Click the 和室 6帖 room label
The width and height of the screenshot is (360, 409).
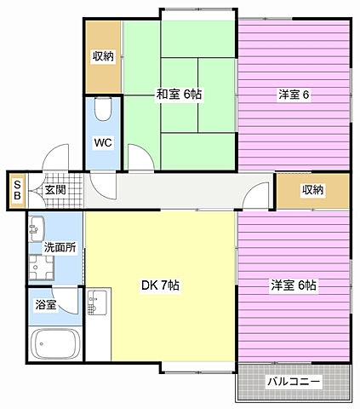(178, 95)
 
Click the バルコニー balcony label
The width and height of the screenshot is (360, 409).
(294, 382)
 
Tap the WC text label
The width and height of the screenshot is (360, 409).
(103, 142)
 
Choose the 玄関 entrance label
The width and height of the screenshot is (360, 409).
(56, 190)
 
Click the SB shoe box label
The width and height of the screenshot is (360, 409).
(16, 189)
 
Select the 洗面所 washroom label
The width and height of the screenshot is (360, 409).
(60, 248)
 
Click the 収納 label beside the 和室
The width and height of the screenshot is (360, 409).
(103, 56)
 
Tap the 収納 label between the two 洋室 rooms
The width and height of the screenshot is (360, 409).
(312, 190)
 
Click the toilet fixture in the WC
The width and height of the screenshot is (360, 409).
(103, 110)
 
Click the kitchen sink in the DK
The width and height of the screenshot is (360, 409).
(98, 301)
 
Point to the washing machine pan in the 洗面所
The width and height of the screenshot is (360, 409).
(38, 269)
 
